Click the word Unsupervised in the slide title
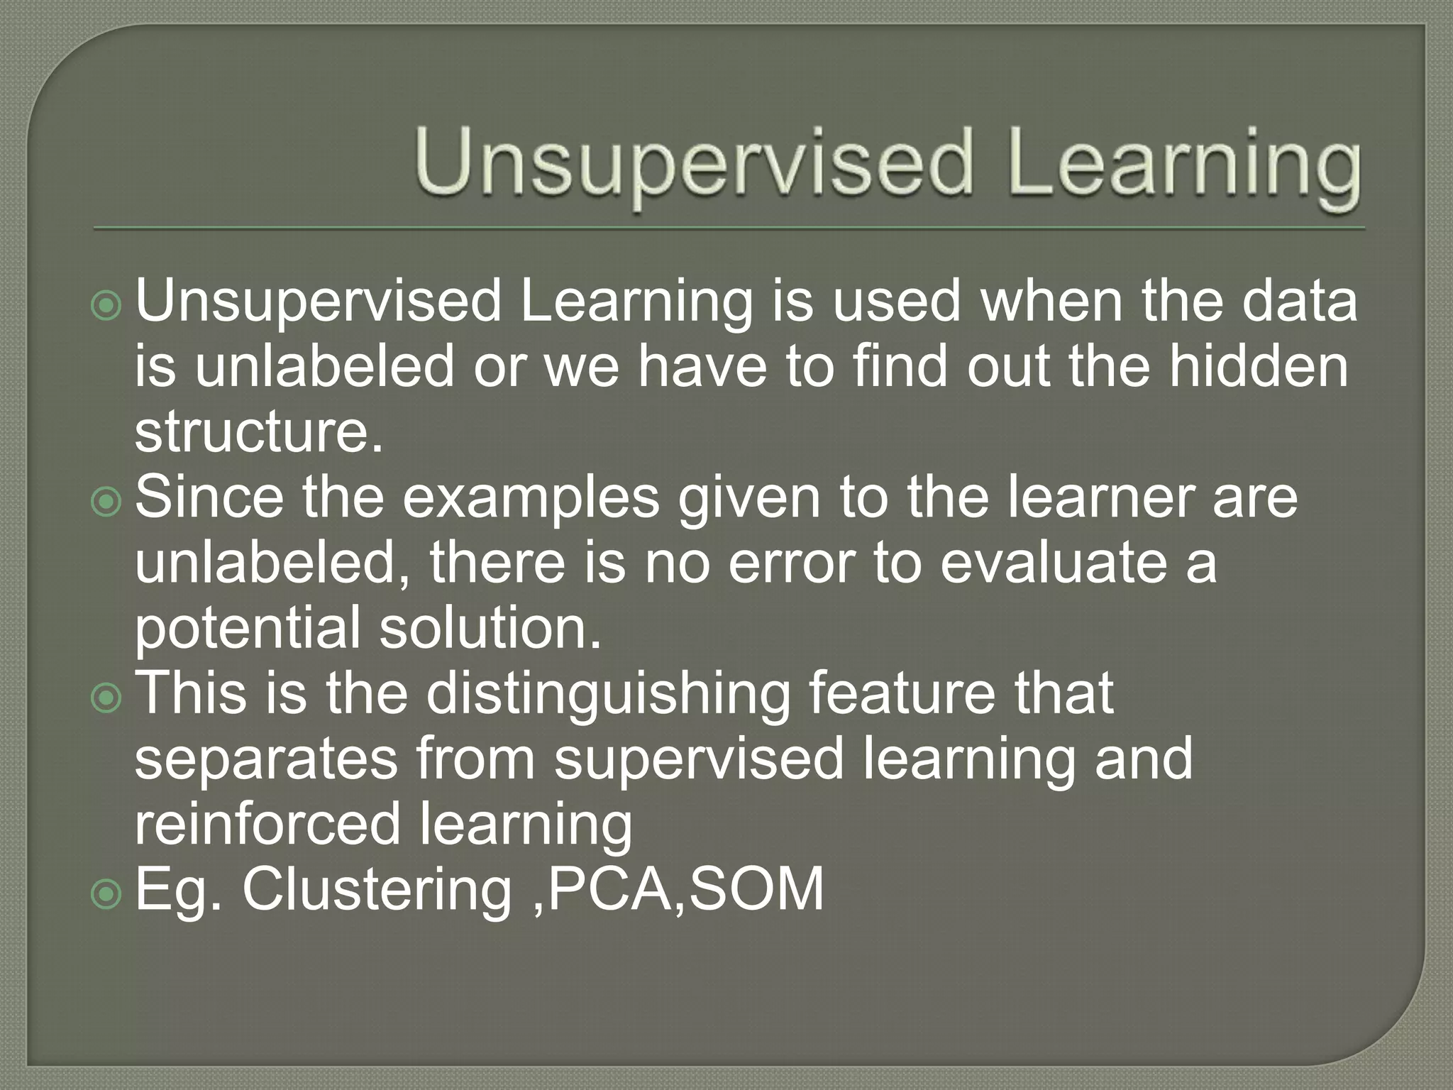[692, 163]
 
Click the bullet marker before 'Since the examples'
[107, 502]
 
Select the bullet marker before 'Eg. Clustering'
[107, 894]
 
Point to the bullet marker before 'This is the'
[107, 698]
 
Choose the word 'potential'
[248, 629]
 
